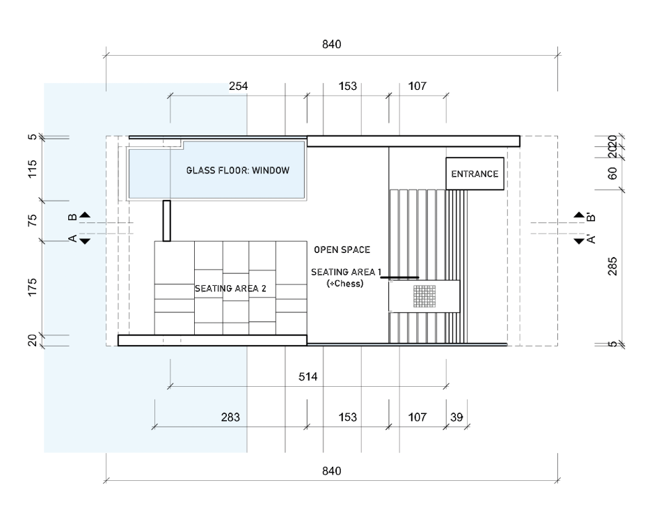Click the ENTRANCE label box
[x=475, y=174]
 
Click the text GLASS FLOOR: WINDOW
[x=237, y=171]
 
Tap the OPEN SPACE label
[x=342, y=250]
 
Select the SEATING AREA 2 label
[x=230, y=288]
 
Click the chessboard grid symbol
[x=424, y=296]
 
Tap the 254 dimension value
[x=239, y=86]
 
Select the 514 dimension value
[x=308, y=377]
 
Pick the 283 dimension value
[x=230, y=417]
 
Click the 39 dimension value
[x=456, y=417]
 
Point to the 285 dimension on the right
[x=612, y=266]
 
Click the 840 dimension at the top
[x=332, y=45]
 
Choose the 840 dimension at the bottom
[x=332, y=471]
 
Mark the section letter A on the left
[x=72, y=239]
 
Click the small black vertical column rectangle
[x=166, y=221]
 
